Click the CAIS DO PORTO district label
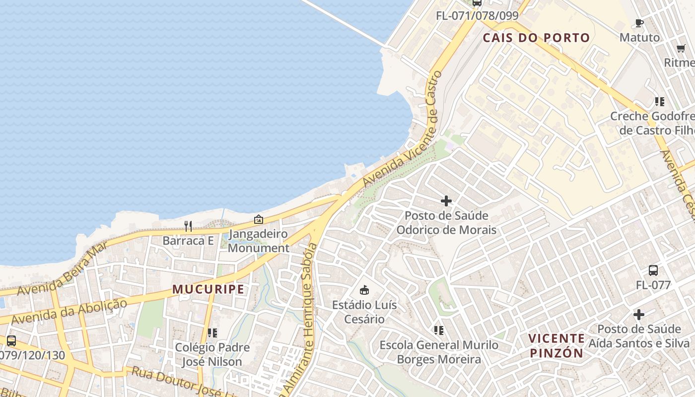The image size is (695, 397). (x=536, y=38)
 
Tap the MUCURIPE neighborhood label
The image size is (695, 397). (x=208, y=289)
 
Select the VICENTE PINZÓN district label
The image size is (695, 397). (x=556, y=346)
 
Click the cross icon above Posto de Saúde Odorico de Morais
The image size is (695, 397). (x=446, y=201)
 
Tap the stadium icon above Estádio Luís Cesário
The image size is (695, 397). (x=364, y=290)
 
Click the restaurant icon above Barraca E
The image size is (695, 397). (x=188, y=226)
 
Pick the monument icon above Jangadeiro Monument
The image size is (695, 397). (x=259, y=219)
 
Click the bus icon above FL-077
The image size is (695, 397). (x=653, y=270)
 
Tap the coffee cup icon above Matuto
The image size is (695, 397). (x=639, y=23)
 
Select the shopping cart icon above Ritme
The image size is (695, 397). (x=681, y=49)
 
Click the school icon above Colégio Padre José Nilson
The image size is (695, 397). (x=212, y=332)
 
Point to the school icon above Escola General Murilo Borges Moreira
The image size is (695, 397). (x=438, y=330)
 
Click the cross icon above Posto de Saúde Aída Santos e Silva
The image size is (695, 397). (x=639, y=315)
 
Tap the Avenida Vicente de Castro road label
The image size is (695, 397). (x=403, y=130)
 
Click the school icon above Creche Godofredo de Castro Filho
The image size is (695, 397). (x=660, y=102)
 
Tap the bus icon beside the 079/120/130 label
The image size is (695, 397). (x=11, y=341)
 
